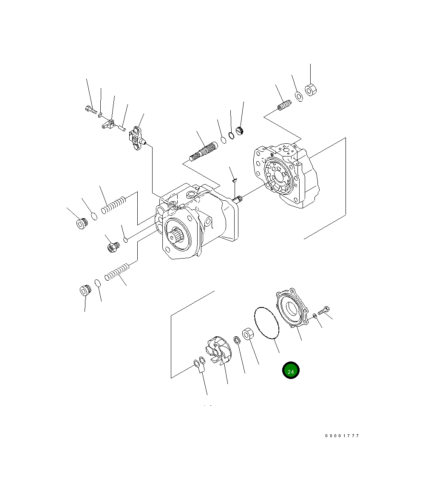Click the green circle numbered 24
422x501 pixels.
291,370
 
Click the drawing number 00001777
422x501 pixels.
342,436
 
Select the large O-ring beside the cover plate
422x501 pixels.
266,323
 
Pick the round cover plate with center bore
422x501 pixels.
292,309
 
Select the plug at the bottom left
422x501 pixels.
85,291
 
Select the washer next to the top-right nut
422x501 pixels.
298,97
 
